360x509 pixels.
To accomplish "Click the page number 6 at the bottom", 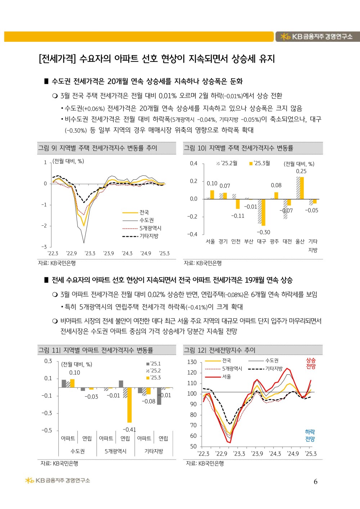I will [315, 482].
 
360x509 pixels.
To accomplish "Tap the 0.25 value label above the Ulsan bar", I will [301, 171].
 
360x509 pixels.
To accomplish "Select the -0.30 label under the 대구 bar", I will [263, 232].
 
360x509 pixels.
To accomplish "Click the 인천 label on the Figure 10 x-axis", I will [236, 241].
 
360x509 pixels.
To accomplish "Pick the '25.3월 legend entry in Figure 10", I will [260, 163].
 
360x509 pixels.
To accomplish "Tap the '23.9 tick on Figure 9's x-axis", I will [108, 253].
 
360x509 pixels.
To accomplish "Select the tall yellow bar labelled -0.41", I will [129, 405].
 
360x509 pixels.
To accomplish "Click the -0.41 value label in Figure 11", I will [129, 429].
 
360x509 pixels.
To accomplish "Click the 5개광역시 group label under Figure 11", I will [116, 451].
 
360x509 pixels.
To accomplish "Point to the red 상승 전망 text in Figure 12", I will [311, 363].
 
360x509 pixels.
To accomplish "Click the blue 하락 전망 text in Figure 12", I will [310, 435].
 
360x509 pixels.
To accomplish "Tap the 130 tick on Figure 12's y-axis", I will [192, 362].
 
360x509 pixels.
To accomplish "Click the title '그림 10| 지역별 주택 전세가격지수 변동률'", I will [238, 148].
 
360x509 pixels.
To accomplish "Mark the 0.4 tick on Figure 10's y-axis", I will [194, 163].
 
